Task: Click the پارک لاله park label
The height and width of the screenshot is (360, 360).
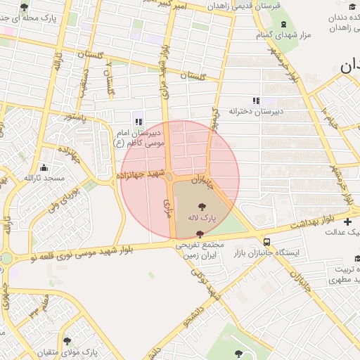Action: [202, 219]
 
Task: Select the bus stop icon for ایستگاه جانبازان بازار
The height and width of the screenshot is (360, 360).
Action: [265, 240]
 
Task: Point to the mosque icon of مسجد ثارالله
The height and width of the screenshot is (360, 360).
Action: [44, 167]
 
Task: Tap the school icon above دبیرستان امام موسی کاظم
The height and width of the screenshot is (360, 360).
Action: [139, 121]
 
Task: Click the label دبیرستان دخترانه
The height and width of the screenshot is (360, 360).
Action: [256, 111]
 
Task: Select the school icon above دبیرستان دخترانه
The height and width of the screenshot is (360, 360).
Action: [256, 101]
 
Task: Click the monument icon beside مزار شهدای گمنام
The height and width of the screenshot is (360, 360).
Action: [284, 23]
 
